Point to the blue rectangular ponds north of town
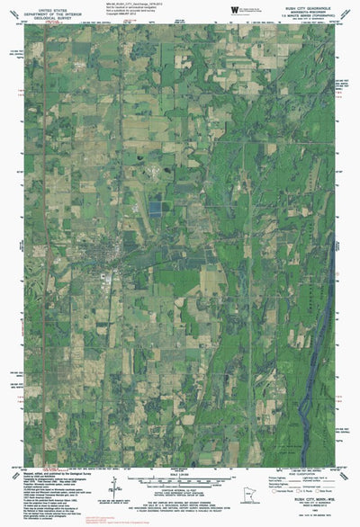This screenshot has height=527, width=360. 157,208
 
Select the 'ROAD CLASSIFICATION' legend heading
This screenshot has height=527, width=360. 305,476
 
